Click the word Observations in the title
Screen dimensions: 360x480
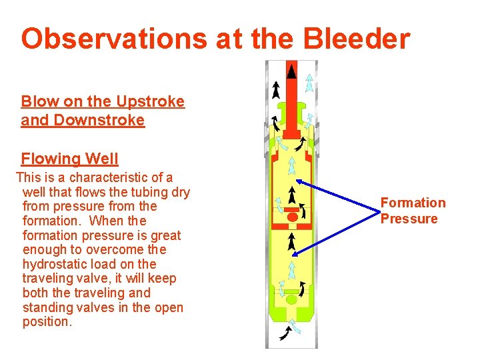[x=113, y=39]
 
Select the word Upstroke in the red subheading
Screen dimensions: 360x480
[x=150, y=102]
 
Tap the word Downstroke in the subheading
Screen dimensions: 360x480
[x=103, y=121]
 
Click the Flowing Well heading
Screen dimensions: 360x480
[x=69, y=159]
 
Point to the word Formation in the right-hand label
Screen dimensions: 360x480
[x=413, y=203]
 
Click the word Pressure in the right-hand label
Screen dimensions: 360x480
[x=409, y=219]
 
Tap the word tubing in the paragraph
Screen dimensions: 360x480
[x=141, y=193]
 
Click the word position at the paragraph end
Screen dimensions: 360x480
[x=46, y=322]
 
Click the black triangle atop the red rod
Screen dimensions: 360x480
[x=291, y=70]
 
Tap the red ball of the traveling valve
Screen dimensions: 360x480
[x=291, y=217]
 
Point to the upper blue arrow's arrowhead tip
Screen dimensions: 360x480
[x=296, y=181]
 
